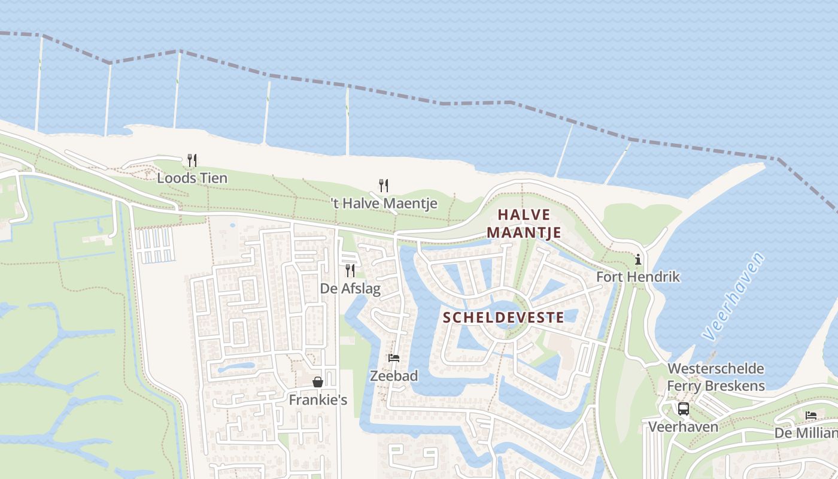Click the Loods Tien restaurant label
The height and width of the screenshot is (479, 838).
(x=192, y=178)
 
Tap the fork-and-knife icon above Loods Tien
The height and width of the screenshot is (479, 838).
(x=192, y=160)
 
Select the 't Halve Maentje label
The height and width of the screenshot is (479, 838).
(x=384, y=204)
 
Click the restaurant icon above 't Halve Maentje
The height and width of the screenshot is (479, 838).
(x=384, y=186)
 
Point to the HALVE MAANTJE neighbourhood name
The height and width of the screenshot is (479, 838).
(x=524, y=223)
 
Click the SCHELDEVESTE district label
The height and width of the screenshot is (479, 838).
(x=504, y=317)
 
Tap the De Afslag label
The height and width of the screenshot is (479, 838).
(x=350, y=289)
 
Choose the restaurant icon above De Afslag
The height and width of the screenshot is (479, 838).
(x=350, y=271)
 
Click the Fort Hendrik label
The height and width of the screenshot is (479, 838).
(x=638, y=277)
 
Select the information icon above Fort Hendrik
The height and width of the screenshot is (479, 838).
(x=638, y=259)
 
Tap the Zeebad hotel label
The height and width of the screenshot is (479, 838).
(x=393, y=376)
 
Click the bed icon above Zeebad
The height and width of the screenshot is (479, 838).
(x=393, y=358)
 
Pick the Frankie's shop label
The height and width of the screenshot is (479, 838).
(x=318, y=399)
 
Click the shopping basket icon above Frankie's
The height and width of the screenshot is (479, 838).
(x=318, y=382)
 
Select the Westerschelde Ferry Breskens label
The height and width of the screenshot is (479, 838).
(x=716, y=377)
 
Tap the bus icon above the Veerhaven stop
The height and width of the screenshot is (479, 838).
(x=683, y=409)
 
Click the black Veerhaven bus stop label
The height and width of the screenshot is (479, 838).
(x=683, y=427)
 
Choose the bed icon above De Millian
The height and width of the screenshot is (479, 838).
(x=811, y=415)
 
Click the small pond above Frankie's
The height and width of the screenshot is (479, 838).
(x=236, y=367)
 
